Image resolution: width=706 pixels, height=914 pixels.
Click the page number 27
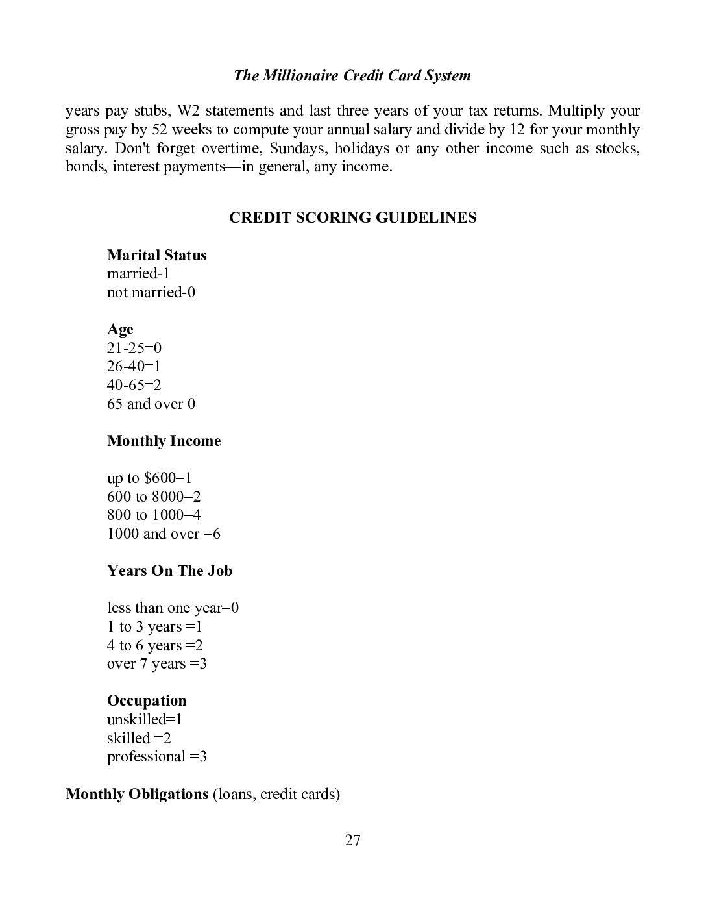(x=352, y=841)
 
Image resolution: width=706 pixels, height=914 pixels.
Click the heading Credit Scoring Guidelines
(x=352, y=217)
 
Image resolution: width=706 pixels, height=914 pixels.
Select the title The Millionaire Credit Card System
(x=352, y=75)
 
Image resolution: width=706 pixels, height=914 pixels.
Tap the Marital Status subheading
(x=156, y=255)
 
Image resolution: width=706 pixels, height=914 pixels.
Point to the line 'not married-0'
(x=151, y=292)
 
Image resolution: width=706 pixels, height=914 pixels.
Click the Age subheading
(x=120, y=329)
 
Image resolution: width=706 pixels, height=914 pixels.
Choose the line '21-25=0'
(x=134, y=348)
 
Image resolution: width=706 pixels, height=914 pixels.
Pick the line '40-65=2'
(x=134, y=385)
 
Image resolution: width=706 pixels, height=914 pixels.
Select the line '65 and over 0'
(x=151, y=404)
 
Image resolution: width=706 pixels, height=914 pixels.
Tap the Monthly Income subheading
(x=164, y=441)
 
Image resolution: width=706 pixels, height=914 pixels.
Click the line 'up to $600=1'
(x=149, y=478)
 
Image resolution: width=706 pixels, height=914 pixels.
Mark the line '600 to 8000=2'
(x=154, y=497)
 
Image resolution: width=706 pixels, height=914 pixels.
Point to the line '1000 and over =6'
(x=164, y=534)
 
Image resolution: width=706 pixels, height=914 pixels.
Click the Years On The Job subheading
(x=169, y=571)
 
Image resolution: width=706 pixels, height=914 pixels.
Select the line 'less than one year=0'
(x=173, y=608)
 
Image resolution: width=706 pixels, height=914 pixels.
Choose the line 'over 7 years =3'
(x=156, y=663)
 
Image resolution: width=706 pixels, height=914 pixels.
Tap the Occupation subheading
(x=147, y=700)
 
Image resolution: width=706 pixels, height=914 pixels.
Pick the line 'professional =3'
(x=156, y=756)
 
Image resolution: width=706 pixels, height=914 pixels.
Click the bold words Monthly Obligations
(x=136, y=794)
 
